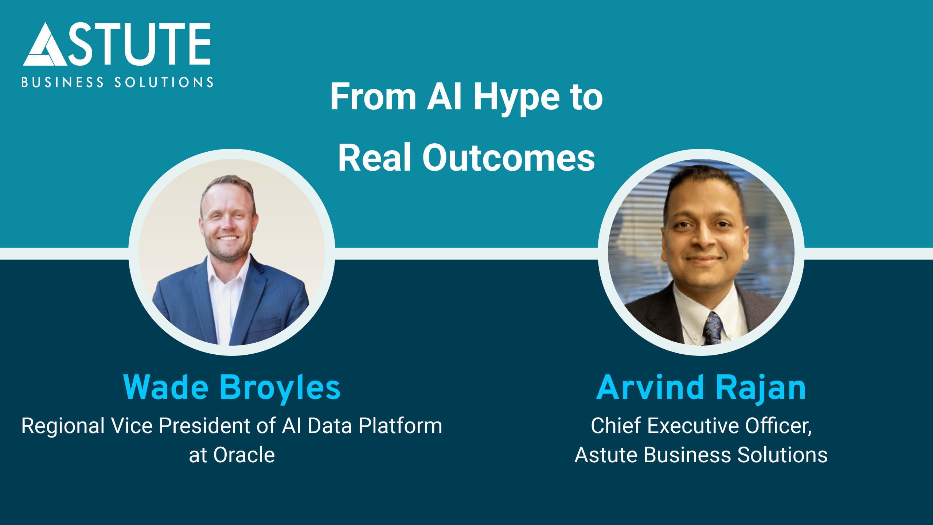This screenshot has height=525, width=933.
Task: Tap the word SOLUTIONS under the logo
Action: pos(164,82)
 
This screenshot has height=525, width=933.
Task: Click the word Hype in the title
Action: pos(516,98)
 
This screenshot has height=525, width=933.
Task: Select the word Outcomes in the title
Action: pos(508,158)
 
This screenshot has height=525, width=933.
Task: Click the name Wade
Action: pos(166,387)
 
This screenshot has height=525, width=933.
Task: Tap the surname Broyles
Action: pos(280,388)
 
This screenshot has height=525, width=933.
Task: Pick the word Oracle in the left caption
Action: pos(244,455)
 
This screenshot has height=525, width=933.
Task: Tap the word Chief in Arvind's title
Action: pos(616,425)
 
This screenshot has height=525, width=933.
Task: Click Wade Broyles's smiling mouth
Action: pos(228,239)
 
